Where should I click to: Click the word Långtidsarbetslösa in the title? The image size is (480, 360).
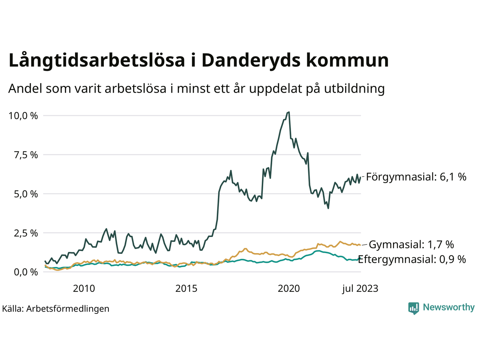tap(97, 61)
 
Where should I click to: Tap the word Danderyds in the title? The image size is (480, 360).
tap(251, 61)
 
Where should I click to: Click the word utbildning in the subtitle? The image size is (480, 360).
tap(354, 88)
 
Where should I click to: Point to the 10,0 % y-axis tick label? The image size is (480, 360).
tap(23, 116)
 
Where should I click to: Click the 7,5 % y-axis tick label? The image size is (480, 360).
tap(25, 155)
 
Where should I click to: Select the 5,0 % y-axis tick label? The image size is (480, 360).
tap(25, 194)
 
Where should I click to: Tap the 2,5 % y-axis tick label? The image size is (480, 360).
tap(25, 233)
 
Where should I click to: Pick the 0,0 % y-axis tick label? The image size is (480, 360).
tap(25, 272)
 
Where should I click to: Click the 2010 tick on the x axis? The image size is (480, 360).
tap(84, 288)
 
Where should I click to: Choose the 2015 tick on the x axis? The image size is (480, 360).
tap(186, 288)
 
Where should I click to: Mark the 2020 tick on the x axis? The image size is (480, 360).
tap(289, 288)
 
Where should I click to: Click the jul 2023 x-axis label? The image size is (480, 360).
tap(360, 288)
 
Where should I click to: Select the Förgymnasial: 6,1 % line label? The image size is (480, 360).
tap(416, 177)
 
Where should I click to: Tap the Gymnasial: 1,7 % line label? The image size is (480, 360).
tap(411, 244)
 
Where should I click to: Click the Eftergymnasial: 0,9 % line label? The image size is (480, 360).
tap(412, 259)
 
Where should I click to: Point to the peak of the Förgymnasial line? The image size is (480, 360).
tap(288, 112)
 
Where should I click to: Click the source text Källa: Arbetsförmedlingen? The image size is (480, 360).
tap(56, 309)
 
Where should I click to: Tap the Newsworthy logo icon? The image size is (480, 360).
tap(414, 308)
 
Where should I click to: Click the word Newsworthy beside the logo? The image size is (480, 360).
tap(448, 307)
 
